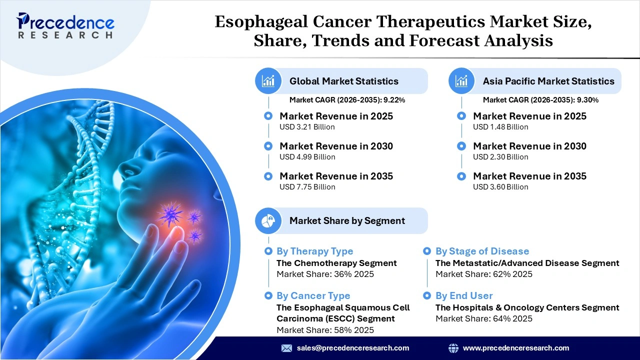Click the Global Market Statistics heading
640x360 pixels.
coord(343,81)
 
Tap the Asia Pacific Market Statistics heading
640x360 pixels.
coord(548,81)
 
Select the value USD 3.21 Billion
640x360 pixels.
coord(307,127)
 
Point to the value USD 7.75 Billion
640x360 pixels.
coord(307,187)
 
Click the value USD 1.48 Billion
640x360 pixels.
coord(500,127)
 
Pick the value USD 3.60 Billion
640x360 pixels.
coord(500,187)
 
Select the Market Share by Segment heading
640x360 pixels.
coord(347,220)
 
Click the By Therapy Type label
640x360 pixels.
coord(314,251)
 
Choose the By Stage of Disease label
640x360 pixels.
coord(482,251)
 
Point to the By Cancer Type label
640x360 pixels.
coord(313,296)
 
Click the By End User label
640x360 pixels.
coord(464,296)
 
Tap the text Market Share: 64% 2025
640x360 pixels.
coord(483,318)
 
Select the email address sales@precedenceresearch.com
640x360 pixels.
coord(352,348)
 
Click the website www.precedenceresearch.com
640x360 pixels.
coord(515,348)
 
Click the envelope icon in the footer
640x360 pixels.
coord(286,348)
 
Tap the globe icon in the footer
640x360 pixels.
coord(453,348)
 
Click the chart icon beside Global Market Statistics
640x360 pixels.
coord(268,81)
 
